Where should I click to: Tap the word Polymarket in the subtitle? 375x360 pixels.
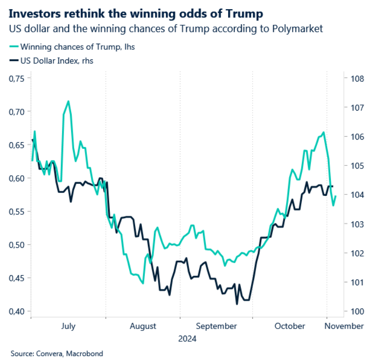coord(298,29)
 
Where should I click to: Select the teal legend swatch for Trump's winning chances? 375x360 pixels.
coord(14,47)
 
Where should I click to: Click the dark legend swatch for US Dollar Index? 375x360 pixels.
coord(14,60)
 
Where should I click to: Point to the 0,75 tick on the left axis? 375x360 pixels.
coord(16,79)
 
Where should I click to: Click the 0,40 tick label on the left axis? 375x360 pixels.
coord(16,311)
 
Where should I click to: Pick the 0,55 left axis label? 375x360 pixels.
coord(16,212)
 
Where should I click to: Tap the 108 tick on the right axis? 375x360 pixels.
coord(357,79)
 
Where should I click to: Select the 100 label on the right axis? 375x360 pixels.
coord(357,311)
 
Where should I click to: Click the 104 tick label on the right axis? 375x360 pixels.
coord(357,195)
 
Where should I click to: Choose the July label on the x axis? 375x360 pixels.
coord(68,326)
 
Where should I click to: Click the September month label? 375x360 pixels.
coord(216,326)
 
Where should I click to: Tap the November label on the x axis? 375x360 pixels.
coord(344,326)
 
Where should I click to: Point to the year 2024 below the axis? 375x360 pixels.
coord(188,339)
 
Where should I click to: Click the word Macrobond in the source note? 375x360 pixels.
coord(84,353)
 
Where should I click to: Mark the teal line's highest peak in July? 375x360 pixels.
coord(69,101)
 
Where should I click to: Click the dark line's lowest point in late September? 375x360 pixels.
coord(237,304)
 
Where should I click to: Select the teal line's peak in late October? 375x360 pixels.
coord(324,132)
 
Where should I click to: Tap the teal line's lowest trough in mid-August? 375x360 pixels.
coord(143,283)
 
